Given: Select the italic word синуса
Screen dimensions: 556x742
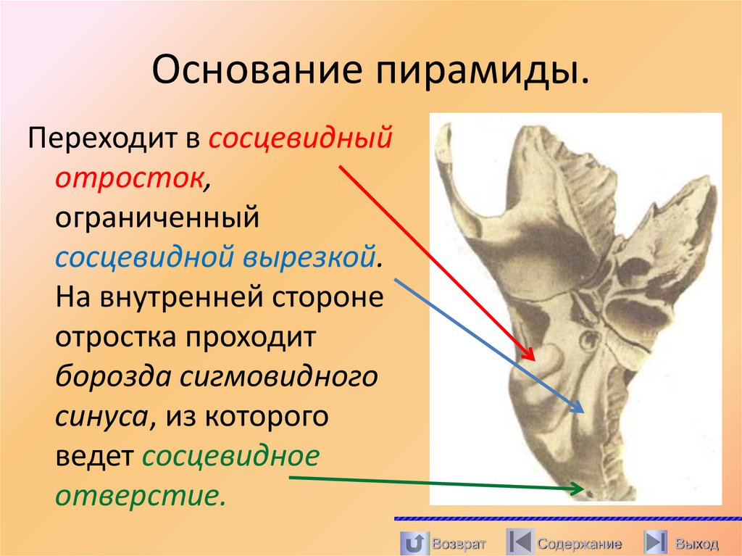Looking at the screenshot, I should [102, 418].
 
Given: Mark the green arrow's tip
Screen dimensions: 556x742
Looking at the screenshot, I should [584, 489].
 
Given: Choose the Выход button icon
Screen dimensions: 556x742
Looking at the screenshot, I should [656, 542].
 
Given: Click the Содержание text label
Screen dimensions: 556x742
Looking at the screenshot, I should [579, 544].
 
